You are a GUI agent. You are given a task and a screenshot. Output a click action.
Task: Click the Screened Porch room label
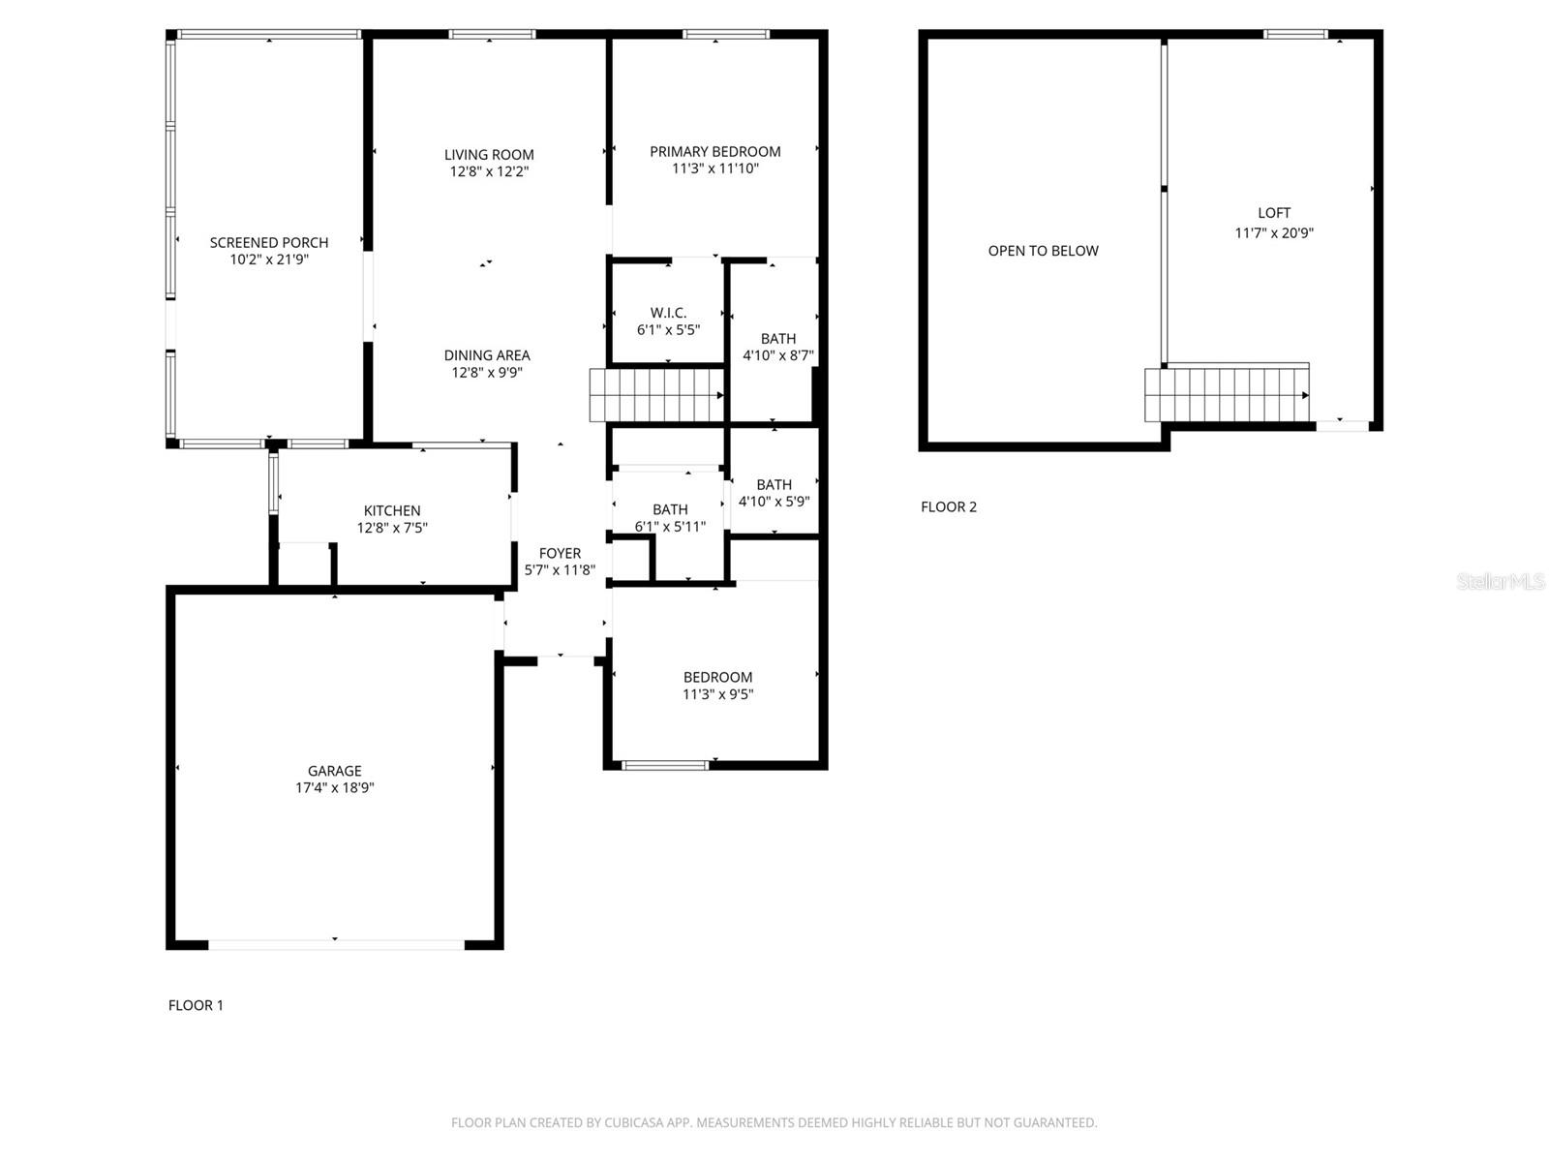(x=269, y=242)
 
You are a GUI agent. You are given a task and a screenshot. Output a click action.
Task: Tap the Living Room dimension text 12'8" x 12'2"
(x=489, y=171)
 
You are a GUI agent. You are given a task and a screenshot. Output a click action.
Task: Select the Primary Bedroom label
(x=714, y=151)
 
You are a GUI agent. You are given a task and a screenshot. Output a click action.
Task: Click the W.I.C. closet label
(x=668, y=313)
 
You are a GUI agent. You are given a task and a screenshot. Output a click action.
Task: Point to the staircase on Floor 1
(x=657, y=395)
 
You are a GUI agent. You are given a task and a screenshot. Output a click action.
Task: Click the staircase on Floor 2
(x=1227, y=395)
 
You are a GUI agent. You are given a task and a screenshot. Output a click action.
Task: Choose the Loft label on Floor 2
(x=1274, y=213)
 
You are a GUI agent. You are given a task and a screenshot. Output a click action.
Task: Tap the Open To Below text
(x=1043, y=251)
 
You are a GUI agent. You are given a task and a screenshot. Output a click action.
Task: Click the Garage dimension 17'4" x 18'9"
(x=335, y=788)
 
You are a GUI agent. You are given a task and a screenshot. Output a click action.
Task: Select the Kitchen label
(x=392, y=510)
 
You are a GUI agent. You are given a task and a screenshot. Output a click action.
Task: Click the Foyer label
(x=560, y=554)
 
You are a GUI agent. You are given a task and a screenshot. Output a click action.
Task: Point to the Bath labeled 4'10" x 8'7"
(x=778, y=339)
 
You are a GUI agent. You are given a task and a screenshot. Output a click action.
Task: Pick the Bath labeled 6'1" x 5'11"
(x=670, y=509)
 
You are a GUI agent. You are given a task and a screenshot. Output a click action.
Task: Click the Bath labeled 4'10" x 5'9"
(x=774, y=484)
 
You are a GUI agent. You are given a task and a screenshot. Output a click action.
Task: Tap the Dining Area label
(x=487, y=355)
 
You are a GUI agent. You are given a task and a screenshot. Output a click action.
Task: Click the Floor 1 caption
(x=196, y=1005)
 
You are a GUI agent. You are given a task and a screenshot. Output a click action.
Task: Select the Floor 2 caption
(x=949, y=506)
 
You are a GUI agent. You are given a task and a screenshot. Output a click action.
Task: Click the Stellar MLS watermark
(x=1500, y=581)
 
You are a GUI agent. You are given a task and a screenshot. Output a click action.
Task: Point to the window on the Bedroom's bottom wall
(x=664, y=765)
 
